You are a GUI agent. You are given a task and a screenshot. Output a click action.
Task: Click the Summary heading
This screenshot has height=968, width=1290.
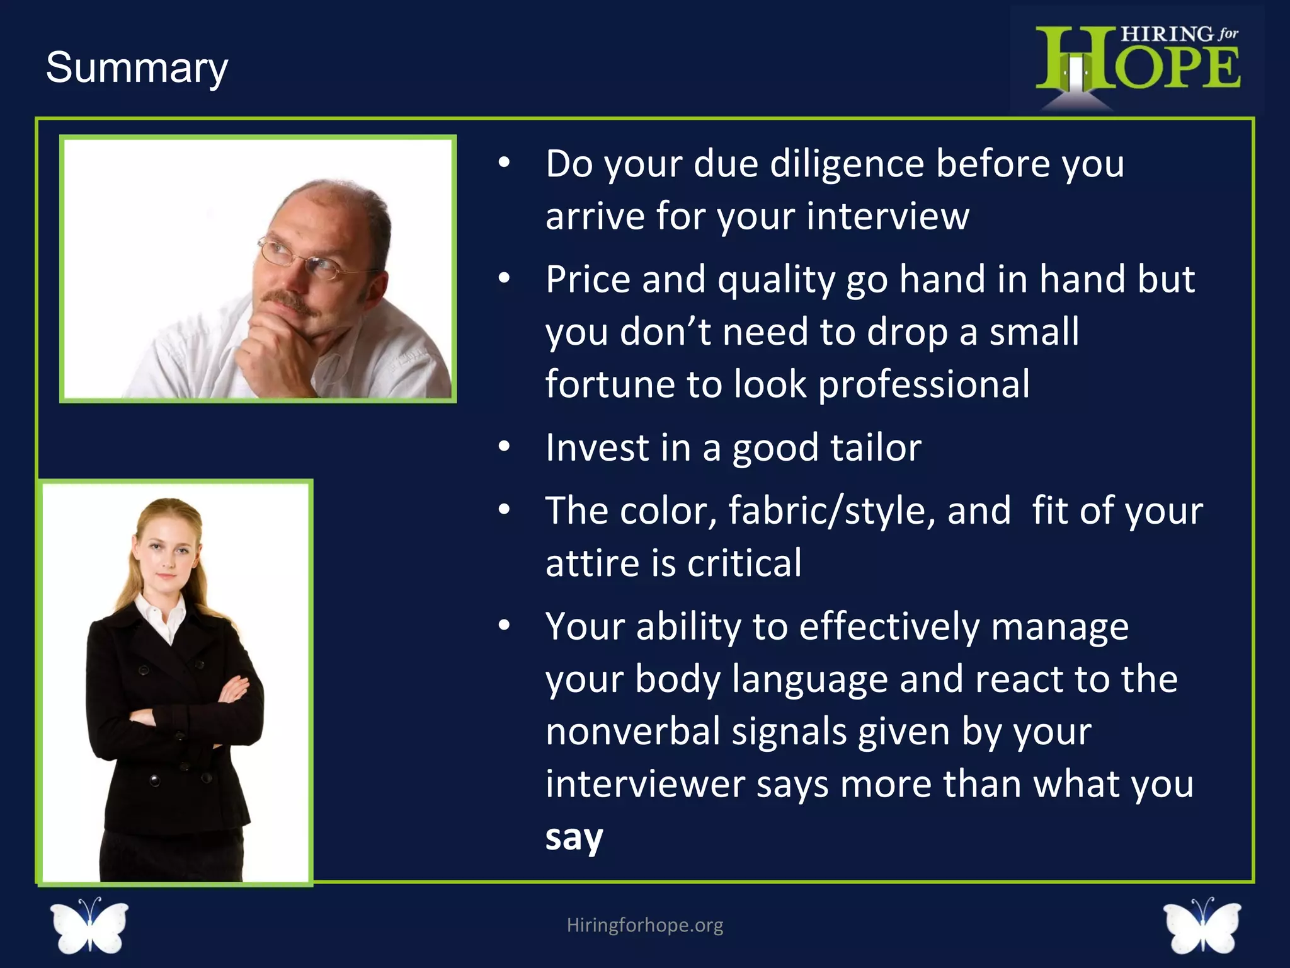coord(137,68)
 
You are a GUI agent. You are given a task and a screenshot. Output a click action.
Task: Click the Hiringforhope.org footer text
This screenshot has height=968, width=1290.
coord(644,925)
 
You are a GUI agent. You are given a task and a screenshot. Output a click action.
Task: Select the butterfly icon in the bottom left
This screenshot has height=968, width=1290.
coord(89,925)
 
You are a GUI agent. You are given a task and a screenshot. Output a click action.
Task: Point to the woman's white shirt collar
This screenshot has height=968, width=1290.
coord(161,615)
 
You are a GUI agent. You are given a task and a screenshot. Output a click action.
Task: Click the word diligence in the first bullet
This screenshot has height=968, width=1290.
coord(846,164)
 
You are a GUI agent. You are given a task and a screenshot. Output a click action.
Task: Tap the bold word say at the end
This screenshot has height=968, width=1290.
coord(574,837)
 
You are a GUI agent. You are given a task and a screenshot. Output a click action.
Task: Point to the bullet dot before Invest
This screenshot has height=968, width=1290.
coord(503,447)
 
